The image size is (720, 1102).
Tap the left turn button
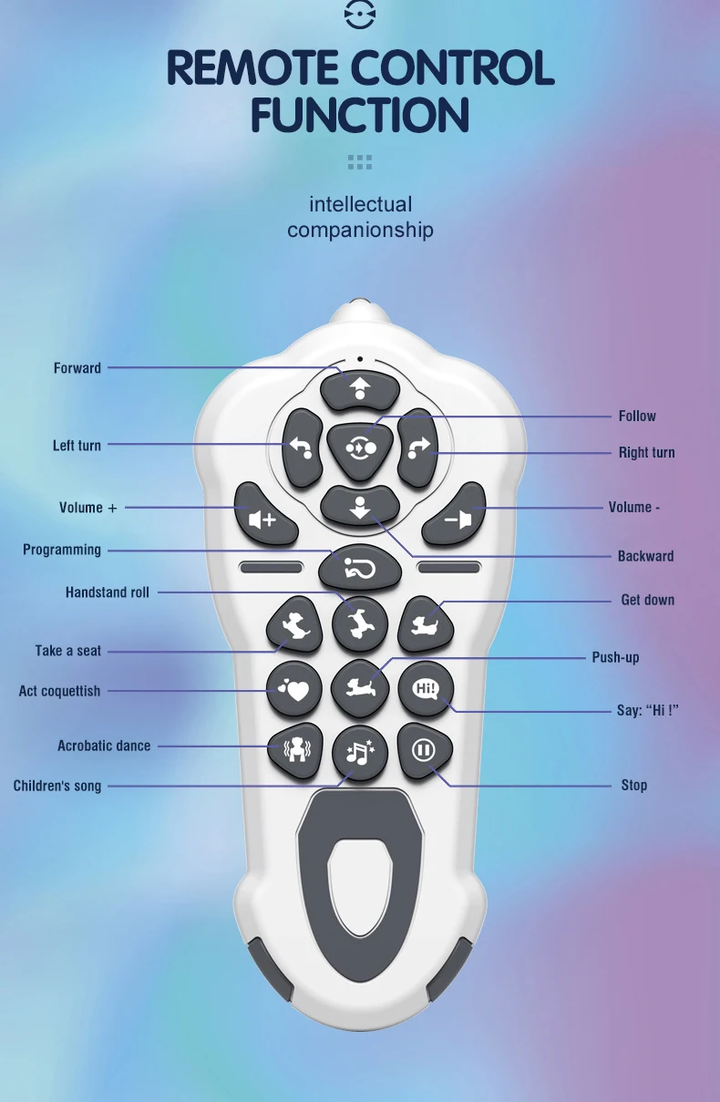point(302,448)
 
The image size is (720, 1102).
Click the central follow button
point(360,448)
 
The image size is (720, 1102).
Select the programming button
point(360,568)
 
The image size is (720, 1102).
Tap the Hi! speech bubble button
point(426,688)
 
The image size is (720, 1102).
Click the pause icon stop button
point(424,750)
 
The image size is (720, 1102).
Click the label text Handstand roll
point(107,592)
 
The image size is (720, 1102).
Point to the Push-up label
point(615,657)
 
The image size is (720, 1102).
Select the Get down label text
point(647,600)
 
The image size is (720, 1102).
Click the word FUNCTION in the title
point(360,116)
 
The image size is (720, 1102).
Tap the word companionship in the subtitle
point(360,230)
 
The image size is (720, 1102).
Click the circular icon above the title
point(360,15)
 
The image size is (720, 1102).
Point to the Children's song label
point(57,786)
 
